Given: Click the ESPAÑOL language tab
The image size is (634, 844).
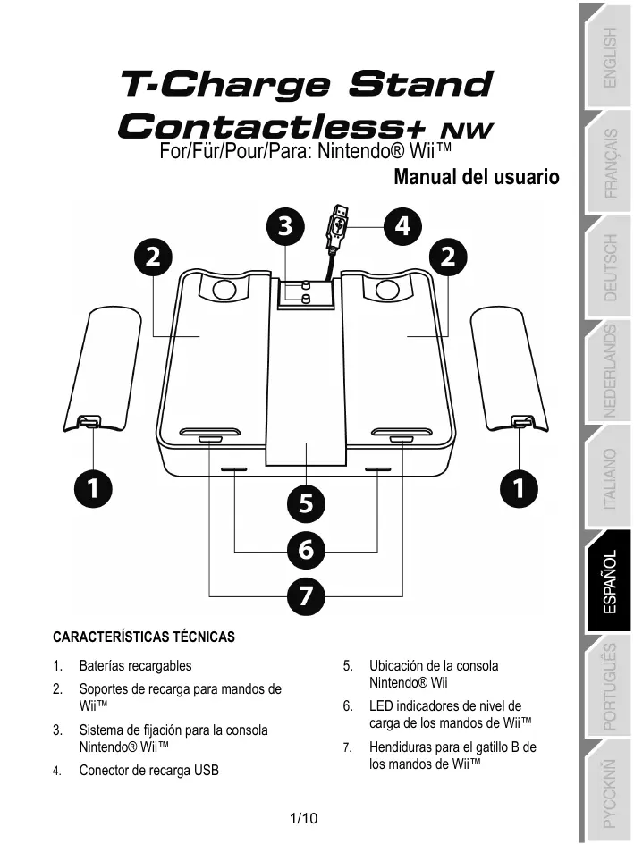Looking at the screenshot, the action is (608, 581).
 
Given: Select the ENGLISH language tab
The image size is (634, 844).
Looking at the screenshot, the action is (608, 57).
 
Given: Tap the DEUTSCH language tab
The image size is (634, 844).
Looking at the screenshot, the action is (608, 267).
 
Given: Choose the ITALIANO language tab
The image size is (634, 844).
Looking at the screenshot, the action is (608, 477).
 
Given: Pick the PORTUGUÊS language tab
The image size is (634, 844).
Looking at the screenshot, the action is (608, 687).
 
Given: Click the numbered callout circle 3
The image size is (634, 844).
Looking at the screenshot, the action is (285, 226).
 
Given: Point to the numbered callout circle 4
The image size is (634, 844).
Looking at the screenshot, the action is (402, 226).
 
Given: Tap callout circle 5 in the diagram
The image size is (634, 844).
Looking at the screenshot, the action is (306, 504).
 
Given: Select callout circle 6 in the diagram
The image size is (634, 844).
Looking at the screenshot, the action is (306, 550).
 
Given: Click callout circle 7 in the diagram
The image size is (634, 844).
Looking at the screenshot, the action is (306, 596).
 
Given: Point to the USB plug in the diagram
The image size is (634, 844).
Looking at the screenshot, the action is (337, 227).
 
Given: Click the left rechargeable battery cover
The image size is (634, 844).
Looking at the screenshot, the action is (102, 369).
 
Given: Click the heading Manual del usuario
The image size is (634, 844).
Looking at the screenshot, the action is (477, 177).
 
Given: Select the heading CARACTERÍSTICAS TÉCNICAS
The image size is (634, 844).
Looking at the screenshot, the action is (144, 637).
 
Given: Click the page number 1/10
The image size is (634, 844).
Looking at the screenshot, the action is (303, 819).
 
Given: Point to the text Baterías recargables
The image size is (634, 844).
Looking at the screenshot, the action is (135, 666).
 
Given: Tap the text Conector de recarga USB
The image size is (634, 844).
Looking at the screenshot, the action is (149, 771).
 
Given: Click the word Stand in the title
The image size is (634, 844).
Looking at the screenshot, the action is (420, 84).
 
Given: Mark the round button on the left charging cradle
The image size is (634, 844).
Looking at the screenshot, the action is (224, 290).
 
